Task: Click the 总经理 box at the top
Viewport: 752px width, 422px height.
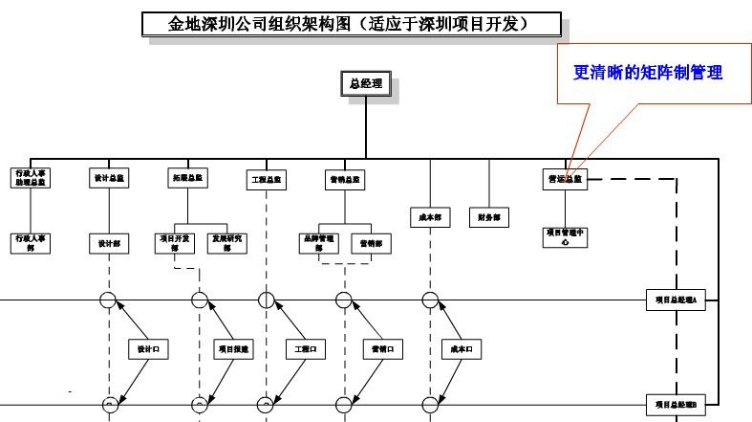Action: pyautogui.click(x=365, y=84)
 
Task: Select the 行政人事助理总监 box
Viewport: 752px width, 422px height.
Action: pyautogui.click(x=32, y=179)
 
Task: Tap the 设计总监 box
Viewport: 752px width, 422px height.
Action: pyautogui.click(x=108, y=178)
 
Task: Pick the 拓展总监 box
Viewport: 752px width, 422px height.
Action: pyautogui.click(x=187, y=178)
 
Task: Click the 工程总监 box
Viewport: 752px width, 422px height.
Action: pyautogui.click(x=266, y=179)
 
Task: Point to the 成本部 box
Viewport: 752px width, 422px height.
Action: pyautogui.click(x=430, y=217)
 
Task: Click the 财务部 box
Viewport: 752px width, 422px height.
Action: pyautogui.click(x=489, y=217)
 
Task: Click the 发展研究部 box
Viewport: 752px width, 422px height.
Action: pyautogui.click(x=226, y=243)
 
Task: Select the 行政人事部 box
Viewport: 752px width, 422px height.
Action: pyautogui.click(x=32, y=243)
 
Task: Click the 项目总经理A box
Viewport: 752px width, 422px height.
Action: pyautogui.click(x=675, y=300)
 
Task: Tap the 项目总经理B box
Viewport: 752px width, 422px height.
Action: pyautogui.click(x=675, y=406)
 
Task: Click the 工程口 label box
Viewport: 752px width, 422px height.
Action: pyautogui.click(x=308, y=350)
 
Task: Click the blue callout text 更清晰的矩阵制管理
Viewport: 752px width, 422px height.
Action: pyautogui.click(x=647, y=73)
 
